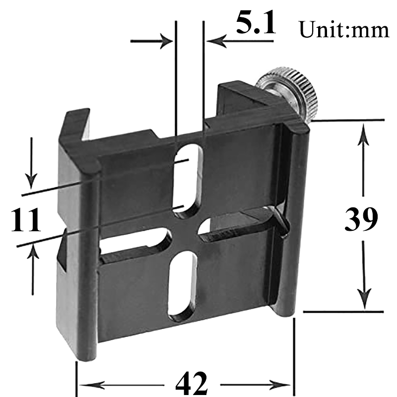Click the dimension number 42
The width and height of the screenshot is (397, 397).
tap(191, 383)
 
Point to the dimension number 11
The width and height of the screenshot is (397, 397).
tap(26, 221)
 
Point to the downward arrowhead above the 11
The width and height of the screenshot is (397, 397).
tap(31, 179)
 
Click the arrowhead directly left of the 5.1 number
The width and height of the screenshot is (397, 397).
tap(215, 40)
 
